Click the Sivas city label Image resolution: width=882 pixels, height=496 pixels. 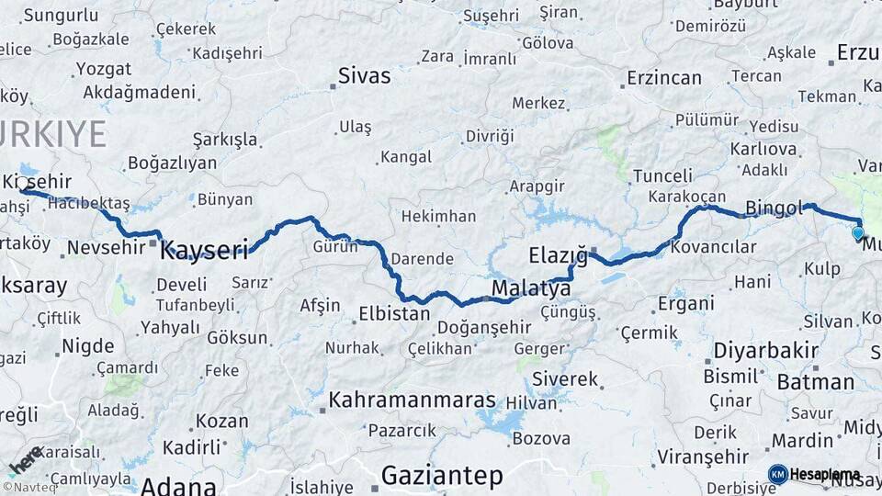pyautogui.click(x=364, y=75)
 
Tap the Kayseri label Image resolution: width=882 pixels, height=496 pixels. pyautogui.click(x=205, y=249)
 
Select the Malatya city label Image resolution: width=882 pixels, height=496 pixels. pyautogui.click(x=530, y=289)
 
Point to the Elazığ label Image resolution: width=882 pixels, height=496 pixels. pyautogui.click(x=558, y=254)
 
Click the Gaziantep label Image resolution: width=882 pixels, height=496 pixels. pyautogui.click(x=442, y=476)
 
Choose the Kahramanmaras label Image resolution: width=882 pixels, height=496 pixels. pyautogui.click(x=412, y=400)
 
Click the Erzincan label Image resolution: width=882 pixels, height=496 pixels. pyautogui.click(x=663, y=78)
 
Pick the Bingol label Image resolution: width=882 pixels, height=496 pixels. pyautogui.click(x=775, y=207)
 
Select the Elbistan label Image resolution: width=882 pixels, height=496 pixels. pyautogui.click(x=393, y=313)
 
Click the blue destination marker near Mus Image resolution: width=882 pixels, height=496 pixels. pyautogui.click(x=858, y=232)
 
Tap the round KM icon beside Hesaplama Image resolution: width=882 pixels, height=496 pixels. pyautogui.click(x=777, y=474)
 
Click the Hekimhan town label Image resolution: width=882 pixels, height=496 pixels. pyautogui.click(x=437, y=217)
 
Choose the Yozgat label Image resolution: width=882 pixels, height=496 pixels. pyautogui.click(x=103, y=69)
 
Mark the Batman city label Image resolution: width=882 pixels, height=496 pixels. pyautogui.click(x=815, y=382)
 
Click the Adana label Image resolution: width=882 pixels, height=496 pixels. pyautogui.click(x=178, y=485)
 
